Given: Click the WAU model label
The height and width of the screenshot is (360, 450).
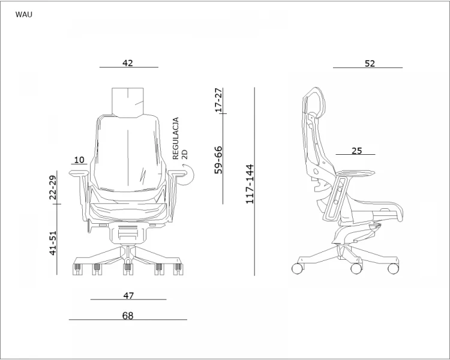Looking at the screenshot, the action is [x=24, y=14].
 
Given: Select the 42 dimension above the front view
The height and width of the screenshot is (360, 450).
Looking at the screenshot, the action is [x=128, y=63].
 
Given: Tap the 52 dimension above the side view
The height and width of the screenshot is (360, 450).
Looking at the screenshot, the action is [x=370, y=64].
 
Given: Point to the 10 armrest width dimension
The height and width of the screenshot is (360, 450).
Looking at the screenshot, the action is [x=79, y=160].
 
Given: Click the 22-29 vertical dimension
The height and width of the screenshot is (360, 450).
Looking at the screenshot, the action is [x=53, y=187].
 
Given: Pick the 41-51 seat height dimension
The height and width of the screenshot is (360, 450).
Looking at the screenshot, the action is [x=53, y=243].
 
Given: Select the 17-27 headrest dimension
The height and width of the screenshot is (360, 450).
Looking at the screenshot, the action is [x=218, y=100].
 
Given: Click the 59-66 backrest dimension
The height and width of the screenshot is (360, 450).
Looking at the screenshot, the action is [x=218, y=160].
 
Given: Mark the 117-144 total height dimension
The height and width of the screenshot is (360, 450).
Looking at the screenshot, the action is [x=250, y=184].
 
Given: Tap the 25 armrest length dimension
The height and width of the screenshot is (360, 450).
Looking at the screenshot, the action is [x=357, y=151].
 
